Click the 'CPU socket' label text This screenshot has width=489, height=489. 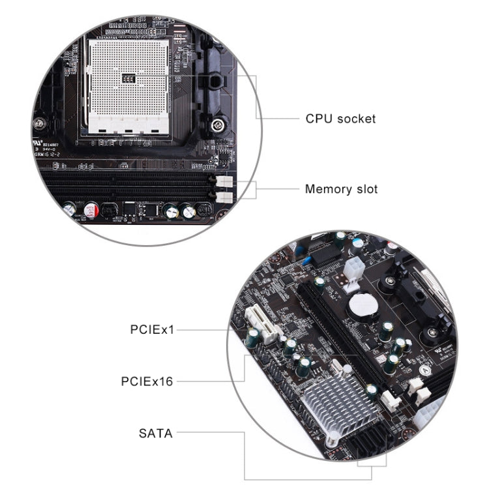pos(340,119)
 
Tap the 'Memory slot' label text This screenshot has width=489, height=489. pos(341,190)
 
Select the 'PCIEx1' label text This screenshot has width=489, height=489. pos(153,330)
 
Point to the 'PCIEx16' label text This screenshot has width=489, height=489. pos(147,381)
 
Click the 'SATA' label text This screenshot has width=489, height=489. pos(156,432)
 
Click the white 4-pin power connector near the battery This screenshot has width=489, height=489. pos(355,267)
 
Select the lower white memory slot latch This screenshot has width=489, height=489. pos(223,196)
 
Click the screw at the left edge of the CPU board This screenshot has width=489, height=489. pos(41,121)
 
